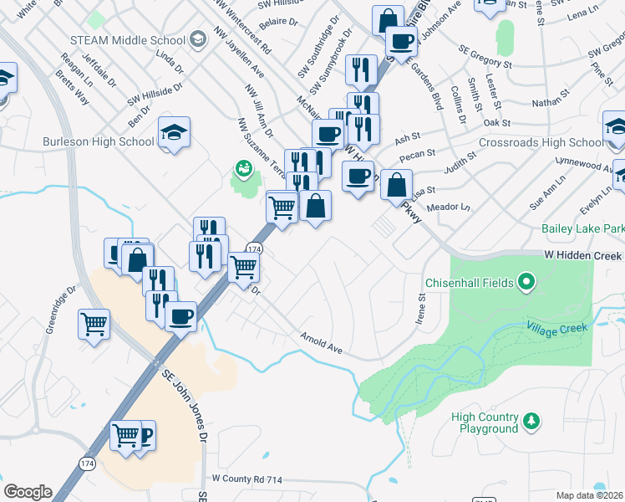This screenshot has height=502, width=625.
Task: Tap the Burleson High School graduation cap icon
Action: (x=175, y=132)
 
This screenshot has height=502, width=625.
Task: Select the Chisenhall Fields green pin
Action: (x=526, y=283)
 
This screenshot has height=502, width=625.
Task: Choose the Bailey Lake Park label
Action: (x=582, y=228)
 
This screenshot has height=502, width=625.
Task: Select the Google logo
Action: (x=28, y=492)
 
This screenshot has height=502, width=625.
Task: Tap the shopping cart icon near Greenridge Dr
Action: (x=94, y=323)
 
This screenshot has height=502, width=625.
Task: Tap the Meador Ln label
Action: (x=449, y=207)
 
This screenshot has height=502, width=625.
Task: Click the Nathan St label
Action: (x=549, y=103)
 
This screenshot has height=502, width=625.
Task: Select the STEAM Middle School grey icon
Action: (x=197, y=39)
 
